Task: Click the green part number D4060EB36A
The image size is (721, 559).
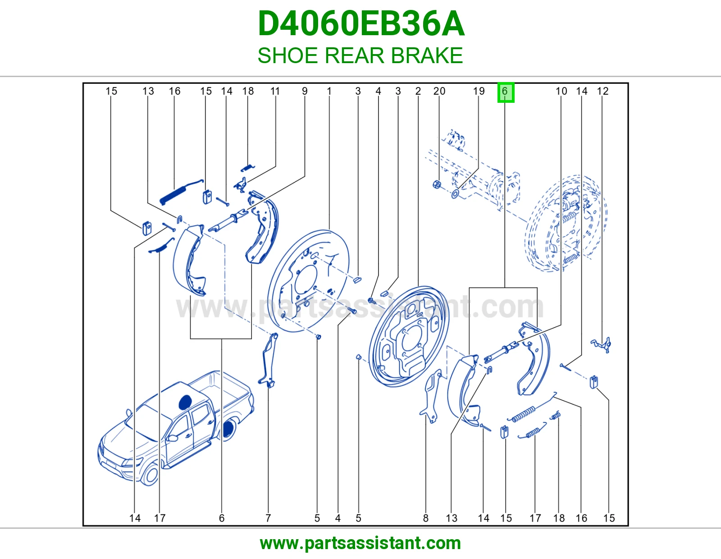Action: tap(361, 24)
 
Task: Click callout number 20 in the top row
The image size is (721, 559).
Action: tap(439, 91)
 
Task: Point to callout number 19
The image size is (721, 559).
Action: tap(479, 91)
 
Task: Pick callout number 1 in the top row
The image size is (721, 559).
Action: tap(329, 91)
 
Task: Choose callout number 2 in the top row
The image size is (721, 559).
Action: tap(418, 91)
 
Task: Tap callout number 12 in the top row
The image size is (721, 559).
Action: tap(602, 91)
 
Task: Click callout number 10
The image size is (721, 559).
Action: tap(561, 91)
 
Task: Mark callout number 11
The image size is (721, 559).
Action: tap(275, 91)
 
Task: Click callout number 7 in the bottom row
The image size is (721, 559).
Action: tap(268, 518)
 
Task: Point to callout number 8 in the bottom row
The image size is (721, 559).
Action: tap(426, 518)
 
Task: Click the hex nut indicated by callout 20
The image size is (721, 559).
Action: tap(437, 184)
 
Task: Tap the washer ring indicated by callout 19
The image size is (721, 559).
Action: tap(455, 193)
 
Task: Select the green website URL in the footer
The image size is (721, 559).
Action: tap(360, 543)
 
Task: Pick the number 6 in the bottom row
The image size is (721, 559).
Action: tap(222, 518)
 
